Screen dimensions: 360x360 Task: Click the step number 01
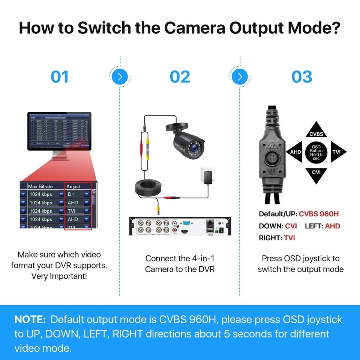(x=60, y=77)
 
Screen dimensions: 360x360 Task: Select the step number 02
(x=180, y=77)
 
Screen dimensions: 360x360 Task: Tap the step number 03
(x=302, y=77)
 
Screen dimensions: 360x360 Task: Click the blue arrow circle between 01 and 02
(x=120, y=77)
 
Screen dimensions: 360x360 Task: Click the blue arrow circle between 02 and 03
(x=240, y=77)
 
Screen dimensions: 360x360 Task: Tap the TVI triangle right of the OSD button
(x=336, y=152)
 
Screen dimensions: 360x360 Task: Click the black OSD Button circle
(x=316, y=152)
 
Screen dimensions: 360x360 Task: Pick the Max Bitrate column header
(x=40, y=186)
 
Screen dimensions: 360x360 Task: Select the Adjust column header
(x=73, y=186)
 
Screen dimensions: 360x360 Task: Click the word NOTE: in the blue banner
(x=30, y=319)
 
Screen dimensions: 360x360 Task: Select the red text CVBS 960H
(x=319, y=214)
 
